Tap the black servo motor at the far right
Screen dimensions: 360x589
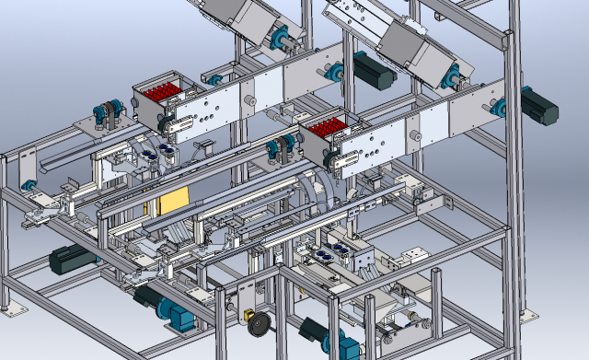click(x=539, y=105)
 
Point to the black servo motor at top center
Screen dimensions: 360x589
click(x=375, y=70)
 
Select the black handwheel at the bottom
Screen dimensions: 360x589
click(x=260, y=325)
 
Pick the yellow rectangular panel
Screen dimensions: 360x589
click(x=174, y=203)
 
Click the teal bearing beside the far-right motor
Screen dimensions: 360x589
click(x=502, y=106)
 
